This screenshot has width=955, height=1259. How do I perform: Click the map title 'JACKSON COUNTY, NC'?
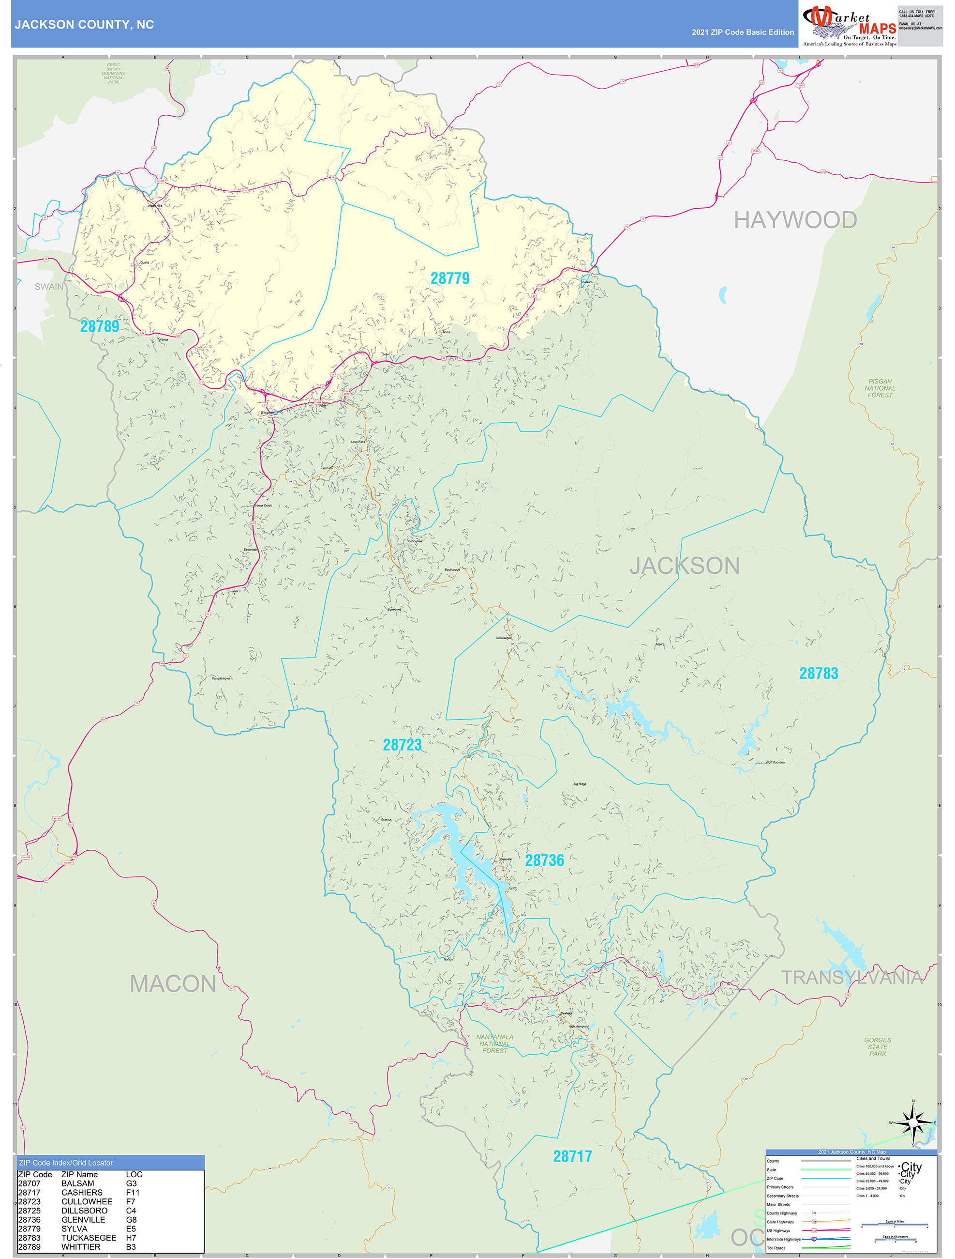[x=84, y=25]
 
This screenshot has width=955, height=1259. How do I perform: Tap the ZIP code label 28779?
[x=450, y=278]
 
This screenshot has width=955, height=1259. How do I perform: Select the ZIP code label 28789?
[x=100, y=326]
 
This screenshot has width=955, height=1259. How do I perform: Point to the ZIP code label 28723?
[x=402, y=744]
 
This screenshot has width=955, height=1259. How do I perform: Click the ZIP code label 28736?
[x=544, y=860]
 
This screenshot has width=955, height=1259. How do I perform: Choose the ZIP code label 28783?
[x=819, y=674]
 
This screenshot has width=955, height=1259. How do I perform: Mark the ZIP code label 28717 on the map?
[x=572, y=1156]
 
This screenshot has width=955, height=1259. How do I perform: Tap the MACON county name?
[x=173, y=984]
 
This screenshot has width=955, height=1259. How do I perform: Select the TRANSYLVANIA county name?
[x=851, y=977]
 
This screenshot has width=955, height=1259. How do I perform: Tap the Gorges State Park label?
[x=877, y=1047]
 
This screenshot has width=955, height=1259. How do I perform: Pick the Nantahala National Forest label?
[x=494, y=1044]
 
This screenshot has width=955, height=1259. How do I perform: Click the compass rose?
[x=913, y=1123]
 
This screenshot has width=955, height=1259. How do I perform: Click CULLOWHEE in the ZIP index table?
[x=87, y=1201]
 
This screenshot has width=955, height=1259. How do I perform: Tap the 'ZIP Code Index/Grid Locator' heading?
[x=66, y=1163]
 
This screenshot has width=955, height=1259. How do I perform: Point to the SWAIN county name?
[x=49, y=286]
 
